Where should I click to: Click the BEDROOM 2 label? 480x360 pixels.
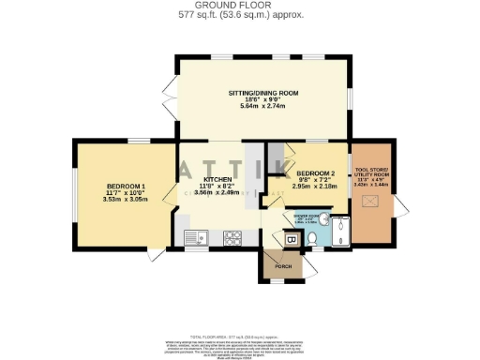[315, 173]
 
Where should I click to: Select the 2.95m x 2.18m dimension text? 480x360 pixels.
[315, 187]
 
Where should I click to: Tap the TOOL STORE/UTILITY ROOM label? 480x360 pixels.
[367, 174]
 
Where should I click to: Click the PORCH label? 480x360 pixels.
[283, 267]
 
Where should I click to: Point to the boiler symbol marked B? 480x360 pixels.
[291, 241]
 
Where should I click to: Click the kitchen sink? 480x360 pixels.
[196, 237]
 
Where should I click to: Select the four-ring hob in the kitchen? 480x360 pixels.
[232, 237]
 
